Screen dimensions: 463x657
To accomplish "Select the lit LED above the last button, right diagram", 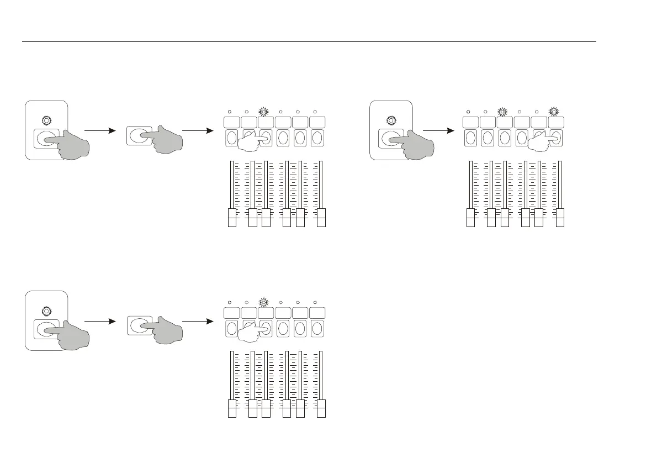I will tap(554, 112).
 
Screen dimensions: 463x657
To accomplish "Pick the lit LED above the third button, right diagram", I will tap(502, 112).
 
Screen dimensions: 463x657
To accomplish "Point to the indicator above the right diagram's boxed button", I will tap(391, 119).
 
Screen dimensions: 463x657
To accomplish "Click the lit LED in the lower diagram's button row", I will tap(264, 302).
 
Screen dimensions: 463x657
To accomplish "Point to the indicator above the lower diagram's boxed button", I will tap(46, 309).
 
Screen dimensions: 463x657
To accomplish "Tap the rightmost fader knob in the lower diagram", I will tap(321, 408).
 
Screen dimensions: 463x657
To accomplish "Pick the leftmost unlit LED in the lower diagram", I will tap(230, 302).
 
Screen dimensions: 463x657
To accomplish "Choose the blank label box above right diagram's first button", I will tap(470, 122).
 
